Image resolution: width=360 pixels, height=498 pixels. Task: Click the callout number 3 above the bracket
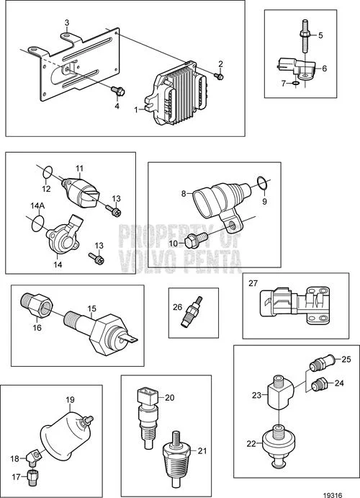pyautogui.click(x=67, y=22)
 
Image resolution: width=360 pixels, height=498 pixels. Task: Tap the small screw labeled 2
pyautogui.click(x=219, y=76)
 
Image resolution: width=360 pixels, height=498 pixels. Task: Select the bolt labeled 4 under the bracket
pyautogui.click(x=118, y=91)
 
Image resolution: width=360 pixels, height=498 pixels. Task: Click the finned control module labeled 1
pyautogui.click(x=176, y=93)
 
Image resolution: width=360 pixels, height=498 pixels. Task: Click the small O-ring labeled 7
pyautogui.click(x=295, y=84)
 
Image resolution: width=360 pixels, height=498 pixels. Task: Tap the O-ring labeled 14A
pyautogui.click(x=37, y=223)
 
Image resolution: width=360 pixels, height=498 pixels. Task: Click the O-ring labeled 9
pyautogui.click(x=262, y=183)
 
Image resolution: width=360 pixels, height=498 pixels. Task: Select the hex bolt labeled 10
pyautogui.click(x=196, y=241)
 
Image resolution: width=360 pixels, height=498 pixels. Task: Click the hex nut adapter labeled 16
pyautogui.click(x=36, y=305)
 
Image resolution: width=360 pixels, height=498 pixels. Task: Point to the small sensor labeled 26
pyautogui.click(x=191, y=311)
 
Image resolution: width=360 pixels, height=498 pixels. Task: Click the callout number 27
pyautogui.click(x=253, y=283)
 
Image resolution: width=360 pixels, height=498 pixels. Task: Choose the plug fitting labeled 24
pyautogui.click(x=320, y=384)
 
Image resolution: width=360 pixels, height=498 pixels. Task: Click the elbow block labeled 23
pyautogui.click(x=280, y=391)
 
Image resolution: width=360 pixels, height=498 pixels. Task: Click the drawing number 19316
pyautogui.click(x=333, y=494)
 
